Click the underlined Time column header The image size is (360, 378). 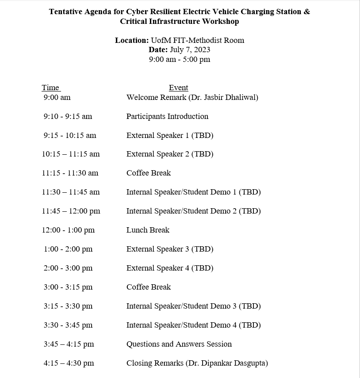click(x=50, y=88)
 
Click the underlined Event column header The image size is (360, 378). click(x=178, y=88)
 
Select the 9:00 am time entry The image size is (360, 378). click(x=57, y=97)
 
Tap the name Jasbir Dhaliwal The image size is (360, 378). click(x=231, y=97)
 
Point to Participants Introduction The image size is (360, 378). click(x=167, y=116)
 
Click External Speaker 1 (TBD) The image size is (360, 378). click(x=170, y=135)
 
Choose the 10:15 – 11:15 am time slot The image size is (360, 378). click(x=71, y=154)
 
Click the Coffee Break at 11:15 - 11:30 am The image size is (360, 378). click(x=149, y=173)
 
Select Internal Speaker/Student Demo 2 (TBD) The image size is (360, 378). click(x=193, y=211)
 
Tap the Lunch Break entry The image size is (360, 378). click(x=148, y=230)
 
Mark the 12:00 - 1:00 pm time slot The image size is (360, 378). click(x=69, y=230)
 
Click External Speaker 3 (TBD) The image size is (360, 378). click(x=170, y=249)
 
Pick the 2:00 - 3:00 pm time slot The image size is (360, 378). click(x=68, y=268)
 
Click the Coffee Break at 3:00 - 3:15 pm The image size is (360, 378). click(x=149, y=287)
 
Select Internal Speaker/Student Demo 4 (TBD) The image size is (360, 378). click(x=193, y=325)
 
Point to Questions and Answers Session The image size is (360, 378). click(x=179, y=344)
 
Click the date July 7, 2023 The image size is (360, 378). click(x=190, y=50)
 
